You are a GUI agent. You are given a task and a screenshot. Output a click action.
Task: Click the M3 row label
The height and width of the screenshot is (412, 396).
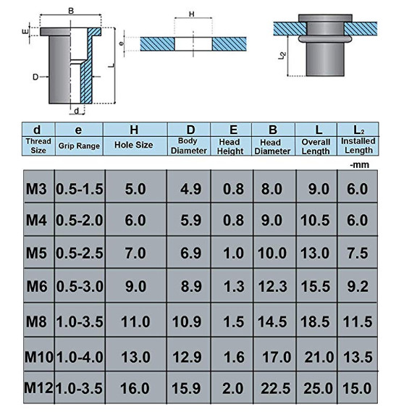click(35, 189)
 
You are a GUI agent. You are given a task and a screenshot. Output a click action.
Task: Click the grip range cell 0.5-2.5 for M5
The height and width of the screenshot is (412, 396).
click(80, 254)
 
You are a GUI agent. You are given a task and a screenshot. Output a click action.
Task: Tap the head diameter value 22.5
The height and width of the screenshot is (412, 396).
click(272, 388)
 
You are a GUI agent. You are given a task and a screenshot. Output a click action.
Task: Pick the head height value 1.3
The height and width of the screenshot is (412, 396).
click(229, 287)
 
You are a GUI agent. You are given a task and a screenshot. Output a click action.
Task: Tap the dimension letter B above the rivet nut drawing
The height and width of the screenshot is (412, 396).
click(70, 10)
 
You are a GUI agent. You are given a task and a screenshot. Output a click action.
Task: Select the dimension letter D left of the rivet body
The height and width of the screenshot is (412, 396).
click(35, 75)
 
